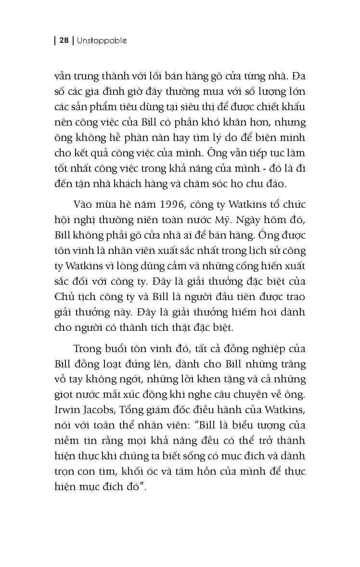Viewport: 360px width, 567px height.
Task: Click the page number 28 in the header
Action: click(64, 41)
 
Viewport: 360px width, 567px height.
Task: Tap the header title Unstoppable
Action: click(102, 41)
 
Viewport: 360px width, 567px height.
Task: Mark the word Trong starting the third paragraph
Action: click(88, 348)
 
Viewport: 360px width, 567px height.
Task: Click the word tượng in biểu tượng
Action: click(258, 425)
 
